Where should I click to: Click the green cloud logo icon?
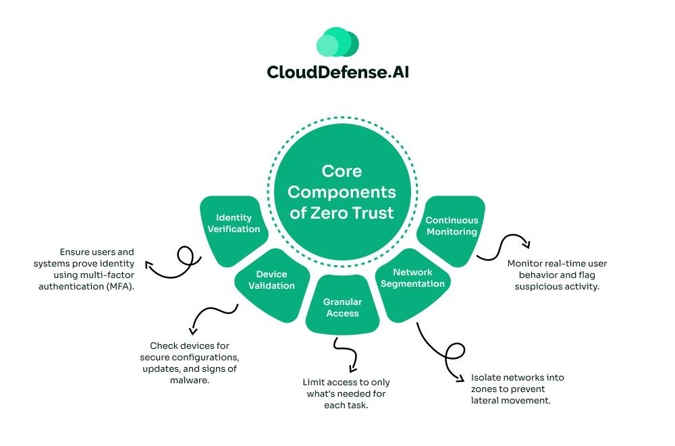tap(337, 43)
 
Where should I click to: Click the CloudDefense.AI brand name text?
tap(337, 72)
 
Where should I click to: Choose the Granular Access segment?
tap(342, 308)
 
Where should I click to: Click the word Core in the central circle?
tap(342, 171)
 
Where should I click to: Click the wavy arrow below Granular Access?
tap(344, 354)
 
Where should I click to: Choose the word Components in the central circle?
tap(342, 192)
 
